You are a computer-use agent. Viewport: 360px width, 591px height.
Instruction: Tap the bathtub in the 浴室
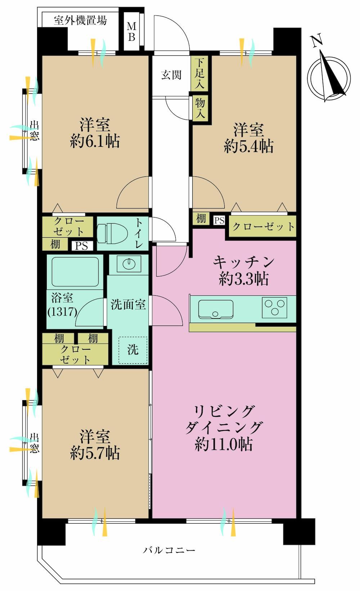[x=75, y=272]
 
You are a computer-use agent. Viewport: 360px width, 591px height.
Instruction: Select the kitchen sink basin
[x=216, y=309]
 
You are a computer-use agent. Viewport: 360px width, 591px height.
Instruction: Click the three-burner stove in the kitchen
[x=275, y=307]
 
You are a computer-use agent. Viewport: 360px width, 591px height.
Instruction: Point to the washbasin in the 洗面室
[x=129, y=264]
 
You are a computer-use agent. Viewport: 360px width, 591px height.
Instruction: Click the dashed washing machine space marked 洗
[x=132, y=350]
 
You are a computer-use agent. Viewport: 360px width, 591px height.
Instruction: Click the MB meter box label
[x=132, y=32]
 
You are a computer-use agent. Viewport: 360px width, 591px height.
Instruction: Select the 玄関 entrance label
[x=171, y=75]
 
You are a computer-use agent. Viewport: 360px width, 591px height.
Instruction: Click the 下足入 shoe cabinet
[x=200, y=73]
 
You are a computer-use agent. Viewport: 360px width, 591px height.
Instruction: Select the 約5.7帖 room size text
[x=95, y=453]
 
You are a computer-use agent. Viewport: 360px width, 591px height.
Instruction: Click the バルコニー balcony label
[x=169, y=550]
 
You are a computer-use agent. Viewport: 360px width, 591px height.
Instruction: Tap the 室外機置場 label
[x=80, y=20]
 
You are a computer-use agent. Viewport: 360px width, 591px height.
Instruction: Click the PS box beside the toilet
[x=81, y=246]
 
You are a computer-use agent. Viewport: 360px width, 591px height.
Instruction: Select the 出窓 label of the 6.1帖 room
[x=34, y=131]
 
